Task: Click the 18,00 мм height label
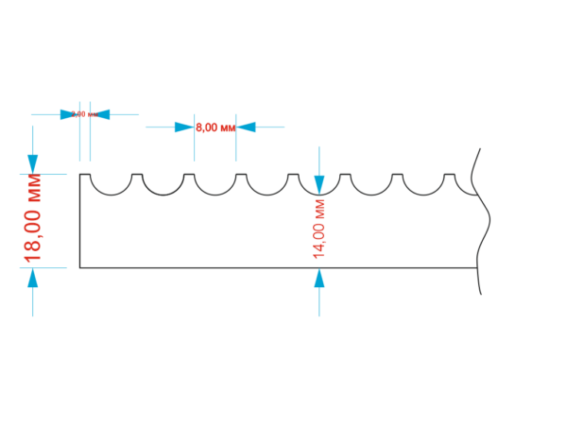(33, 216)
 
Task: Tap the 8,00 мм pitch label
(215, 127)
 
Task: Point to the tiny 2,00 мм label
(85, 114)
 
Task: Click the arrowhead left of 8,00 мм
(185, 127)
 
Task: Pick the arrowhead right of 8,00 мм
(246, 127)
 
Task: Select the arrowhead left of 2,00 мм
(70, 114)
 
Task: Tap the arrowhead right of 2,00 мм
(101, 114)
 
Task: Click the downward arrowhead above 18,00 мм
(33, 163)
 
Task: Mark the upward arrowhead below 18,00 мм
(33, 278)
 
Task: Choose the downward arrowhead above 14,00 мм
(318, 184)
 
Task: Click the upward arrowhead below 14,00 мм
(318, 279)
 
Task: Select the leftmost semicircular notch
(111, 187)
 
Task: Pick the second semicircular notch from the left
(163, 187)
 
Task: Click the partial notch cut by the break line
(472, 189)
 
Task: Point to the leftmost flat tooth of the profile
(85, 175)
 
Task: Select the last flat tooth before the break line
(449, 175)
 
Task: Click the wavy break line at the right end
(485, 227)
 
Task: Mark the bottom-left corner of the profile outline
(79, 268)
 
